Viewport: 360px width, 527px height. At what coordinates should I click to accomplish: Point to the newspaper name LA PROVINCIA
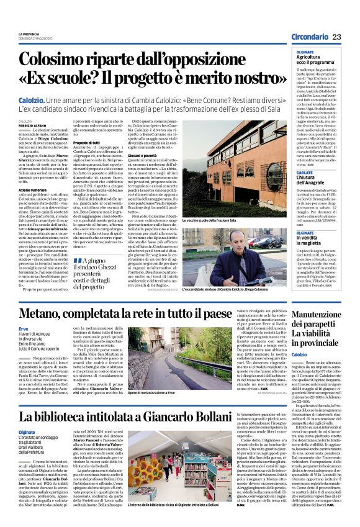point(29,34)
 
